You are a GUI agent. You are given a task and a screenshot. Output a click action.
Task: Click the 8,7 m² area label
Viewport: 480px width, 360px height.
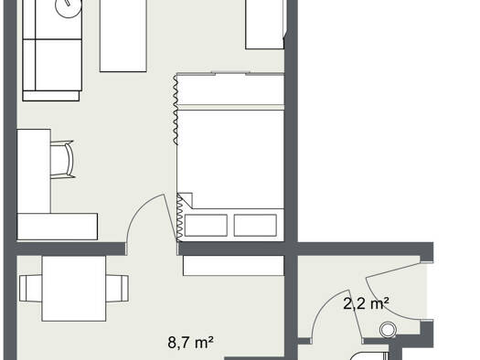(x=190, y=343)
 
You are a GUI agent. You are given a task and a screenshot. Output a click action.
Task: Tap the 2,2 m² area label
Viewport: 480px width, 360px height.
(x=366, y=303)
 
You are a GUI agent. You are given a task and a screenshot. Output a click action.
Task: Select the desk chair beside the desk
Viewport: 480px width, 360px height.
(x=62, y=159)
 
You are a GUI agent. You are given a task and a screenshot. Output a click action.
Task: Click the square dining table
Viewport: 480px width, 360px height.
(x=74, y=289)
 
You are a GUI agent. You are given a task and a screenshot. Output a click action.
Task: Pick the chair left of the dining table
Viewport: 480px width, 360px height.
(x=30, y=288)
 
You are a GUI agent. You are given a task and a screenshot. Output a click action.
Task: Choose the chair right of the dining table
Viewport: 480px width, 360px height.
(x=117, y=288)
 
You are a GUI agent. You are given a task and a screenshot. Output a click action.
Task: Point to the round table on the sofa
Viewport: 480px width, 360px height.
(x=69, y=6)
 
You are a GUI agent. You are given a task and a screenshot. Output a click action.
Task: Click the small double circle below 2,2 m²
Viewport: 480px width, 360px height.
(x=388, y=330)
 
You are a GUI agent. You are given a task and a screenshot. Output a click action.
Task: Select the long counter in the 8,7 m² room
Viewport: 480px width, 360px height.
(x=233, y=266)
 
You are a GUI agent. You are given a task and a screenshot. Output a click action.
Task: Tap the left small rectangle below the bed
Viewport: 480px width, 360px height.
(x=206, y=226)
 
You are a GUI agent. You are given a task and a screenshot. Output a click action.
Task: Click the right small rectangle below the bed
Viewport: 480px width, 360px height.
(x=255, y=226)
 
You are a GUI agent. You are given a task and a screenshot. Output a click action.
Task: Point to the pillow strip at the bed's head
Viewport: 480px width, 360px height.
(x=230, y=90)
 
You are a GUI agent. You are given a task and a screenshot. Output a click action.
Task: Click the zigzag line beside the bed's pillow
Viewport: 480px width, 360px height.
(x=176, y=110)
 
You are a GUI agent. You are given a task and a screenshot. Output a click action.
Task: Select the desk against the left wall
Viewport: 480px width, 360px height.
(x=34, y=171)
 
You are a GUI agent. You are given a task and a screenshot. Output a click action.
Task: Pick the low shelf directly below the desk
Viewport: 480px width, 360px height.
(x=58, y=227)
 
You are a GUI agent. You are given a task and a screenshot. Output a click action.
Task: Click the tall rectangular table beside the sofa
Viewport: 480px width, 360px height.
(x=123, y=36)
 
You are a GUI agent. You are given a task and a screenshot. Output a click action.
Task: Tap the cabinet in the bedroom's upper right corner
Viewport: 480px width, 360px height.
(x=265, y=25)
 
